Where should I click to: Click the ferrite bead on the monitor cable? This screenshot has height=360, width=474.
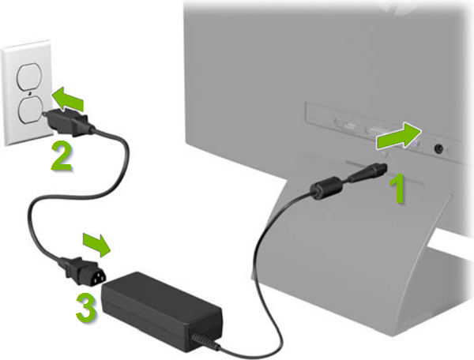322,189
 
